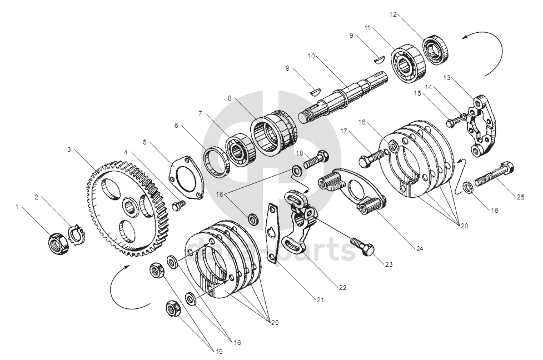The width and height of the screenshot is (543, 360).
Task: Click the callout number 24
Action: [419, 249]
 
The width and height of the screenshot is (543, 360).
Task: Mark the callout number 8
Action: [229, 97]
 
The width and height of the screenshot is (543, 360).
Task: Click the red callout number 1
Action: [17, 207]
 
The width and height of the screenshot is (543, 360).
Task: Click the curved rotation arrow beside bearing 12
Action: [489, 53]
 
